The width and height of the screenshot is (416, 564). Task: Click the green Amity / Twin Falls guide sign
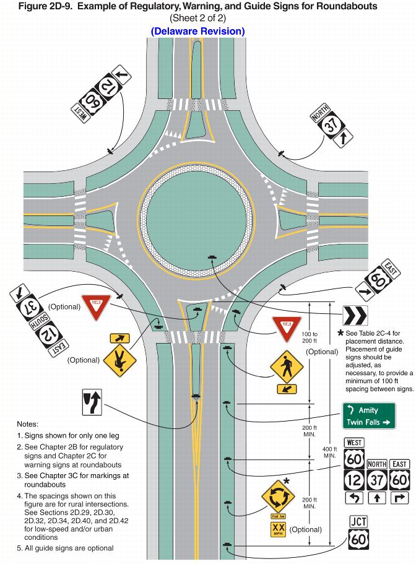point(369,416)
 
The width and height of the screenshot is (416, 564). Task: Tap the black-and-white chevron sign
point(355,315)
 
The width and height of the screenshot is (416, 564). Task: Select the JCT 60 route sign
point(358,532)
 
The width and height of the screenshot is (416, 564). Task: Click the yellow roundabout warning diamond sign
point(277,495)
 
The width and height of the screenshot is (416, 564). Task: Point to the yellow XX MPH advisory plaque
point(278,530)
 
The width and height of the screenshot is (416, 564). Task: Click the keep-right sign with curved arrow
point(92,401)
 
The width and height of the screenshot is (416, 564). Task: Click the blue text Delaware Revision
point(197,31)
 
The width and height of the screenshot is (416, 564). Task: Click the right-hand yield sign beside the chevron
point(287,330)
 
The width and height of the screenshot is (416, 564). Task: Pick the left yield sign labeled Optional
point(95,307)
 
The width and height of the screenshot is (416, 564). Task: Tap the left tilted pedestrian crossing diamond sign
point(119,361)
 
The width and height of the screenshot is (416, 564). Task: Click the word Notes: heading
point(28,424)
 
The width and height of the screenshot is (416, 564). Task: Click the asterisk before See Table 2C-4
point(340,333)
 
